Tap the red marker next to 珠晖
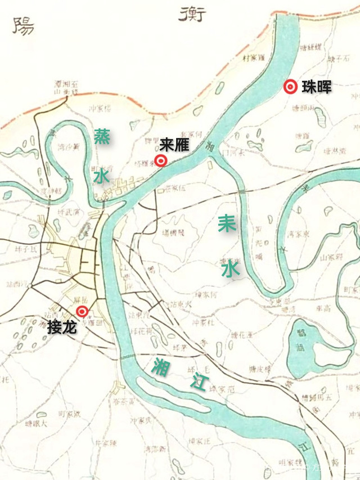290,87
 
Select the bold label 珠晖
316,87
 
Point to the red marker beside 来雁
161,161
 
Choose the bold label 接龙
61,326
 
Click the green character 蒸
102,137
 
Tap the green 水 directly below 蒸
102,177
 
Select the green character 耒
227,224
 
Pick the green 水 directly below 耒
230,270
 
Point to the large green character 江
197,384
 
